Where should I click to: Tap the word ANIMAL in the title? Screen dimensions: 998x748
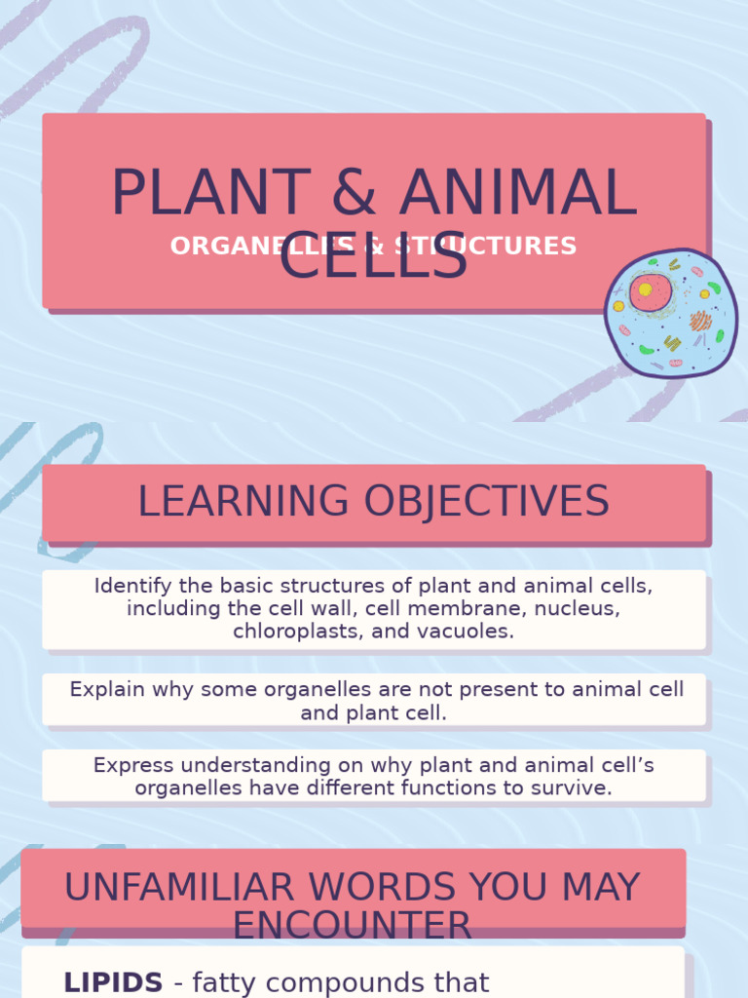[x=518, y=193]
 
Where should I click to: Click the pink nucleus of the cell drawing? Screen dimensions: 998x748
[x=650, y=291]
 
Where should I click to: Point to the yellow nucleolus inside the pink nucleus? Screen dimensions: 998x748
[x=645, y=289]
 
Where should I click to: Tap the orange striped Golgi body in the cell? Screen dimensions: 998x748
[x=700, y=321]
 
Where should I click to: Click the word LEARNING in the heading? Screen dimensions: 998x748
[x=243, y=502]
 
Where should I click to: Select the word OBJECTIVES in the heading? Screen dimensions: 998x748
[x=487, y=502]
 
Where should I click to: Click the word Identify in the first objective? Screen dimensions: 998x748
[x=127, y=586]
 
